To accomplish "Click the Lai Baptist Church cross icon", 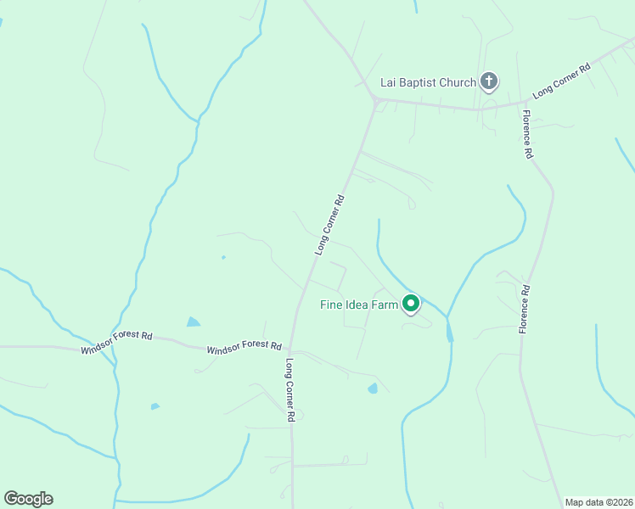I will pyautogui.click(x=488, y=81).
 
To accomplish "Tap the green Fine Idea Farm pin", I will pyautogui.click(x=411, y=303).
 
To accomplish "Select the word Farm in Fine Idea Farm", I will pyautogui.click(x=384, y=305).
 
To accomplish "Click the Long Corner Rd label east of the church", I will pyautogui.click(x=561, y=82).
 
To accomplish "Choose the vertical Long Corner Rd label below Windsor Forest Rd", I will pyautogui.click(x=290, y=390).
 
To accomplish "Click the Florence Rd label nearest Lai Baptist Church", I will pyautogui.click(x=527, y=135).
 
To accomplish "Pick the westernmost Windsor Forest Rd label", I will pyautogui.click(x=116, y=343).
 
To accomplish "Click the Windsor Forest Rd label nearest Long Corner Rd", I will pyautogui.click(x=244, y=346).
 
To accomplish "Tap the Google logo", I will pyautogui.click(x=28, y=499).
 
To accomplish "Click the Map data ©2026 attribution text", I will pyautogui.click(x=598, y=502).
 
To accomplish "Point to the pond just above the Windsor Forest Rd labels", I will pyautogui.click(x=194, y=322).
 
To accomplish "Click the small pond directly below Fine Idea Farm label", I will pyautogui.click(x=372, y=389).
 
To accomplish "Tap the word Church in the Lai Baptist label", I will pyautogui.click(x=458, y=82).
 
